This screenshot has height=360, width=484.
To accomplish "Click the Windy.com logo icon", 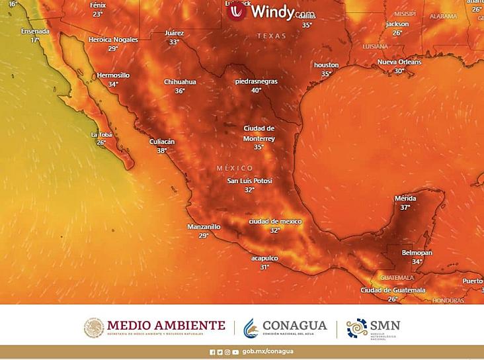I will pos(236,11).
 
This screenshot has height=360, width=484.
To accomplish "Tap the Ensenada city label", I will pos(34,31).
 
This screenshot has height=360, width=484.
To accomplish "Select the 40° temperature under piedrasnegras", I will pos(256,90).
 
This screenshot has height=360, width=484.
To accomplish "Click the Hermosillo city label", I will pos(113,75).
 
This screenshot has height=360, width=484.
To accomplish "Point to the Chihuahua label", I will pos(180,81).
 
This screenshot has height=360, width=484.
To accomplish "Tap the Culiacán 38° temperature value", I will pos(161,151).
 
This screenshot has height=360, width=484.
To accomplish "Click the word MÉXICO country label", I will pos(235,168).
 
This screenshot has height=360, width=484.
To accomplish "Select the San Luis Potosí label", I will pos(249,181).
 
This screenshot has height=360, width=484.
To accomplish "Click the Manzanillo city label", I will pos(204,226).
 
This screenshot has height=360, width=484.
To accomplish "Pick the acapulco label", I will pos(264,258).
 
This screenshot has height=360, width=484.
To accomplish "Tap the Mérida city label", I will pos(405,199).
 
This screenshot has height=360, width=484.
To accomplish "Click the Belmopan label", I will pos(417,253).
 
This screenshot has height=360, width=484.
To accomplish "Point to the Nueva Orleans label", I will pos(399,62).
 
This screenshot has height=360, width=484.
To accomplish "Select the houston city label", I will pos(326,65).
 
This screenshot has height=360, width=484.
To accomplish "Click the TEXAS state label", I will pos(271,36).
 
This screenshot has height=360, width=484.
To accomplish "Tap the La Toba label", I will pos(101,134).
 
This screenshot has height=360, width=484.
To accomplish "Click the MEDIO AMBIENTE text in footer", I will pos(166,325).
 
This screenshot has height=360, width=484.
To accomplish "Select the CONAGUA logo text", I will pos(294,325).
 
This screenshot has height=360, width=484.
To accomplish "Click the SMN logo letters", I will pos(385,325).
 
